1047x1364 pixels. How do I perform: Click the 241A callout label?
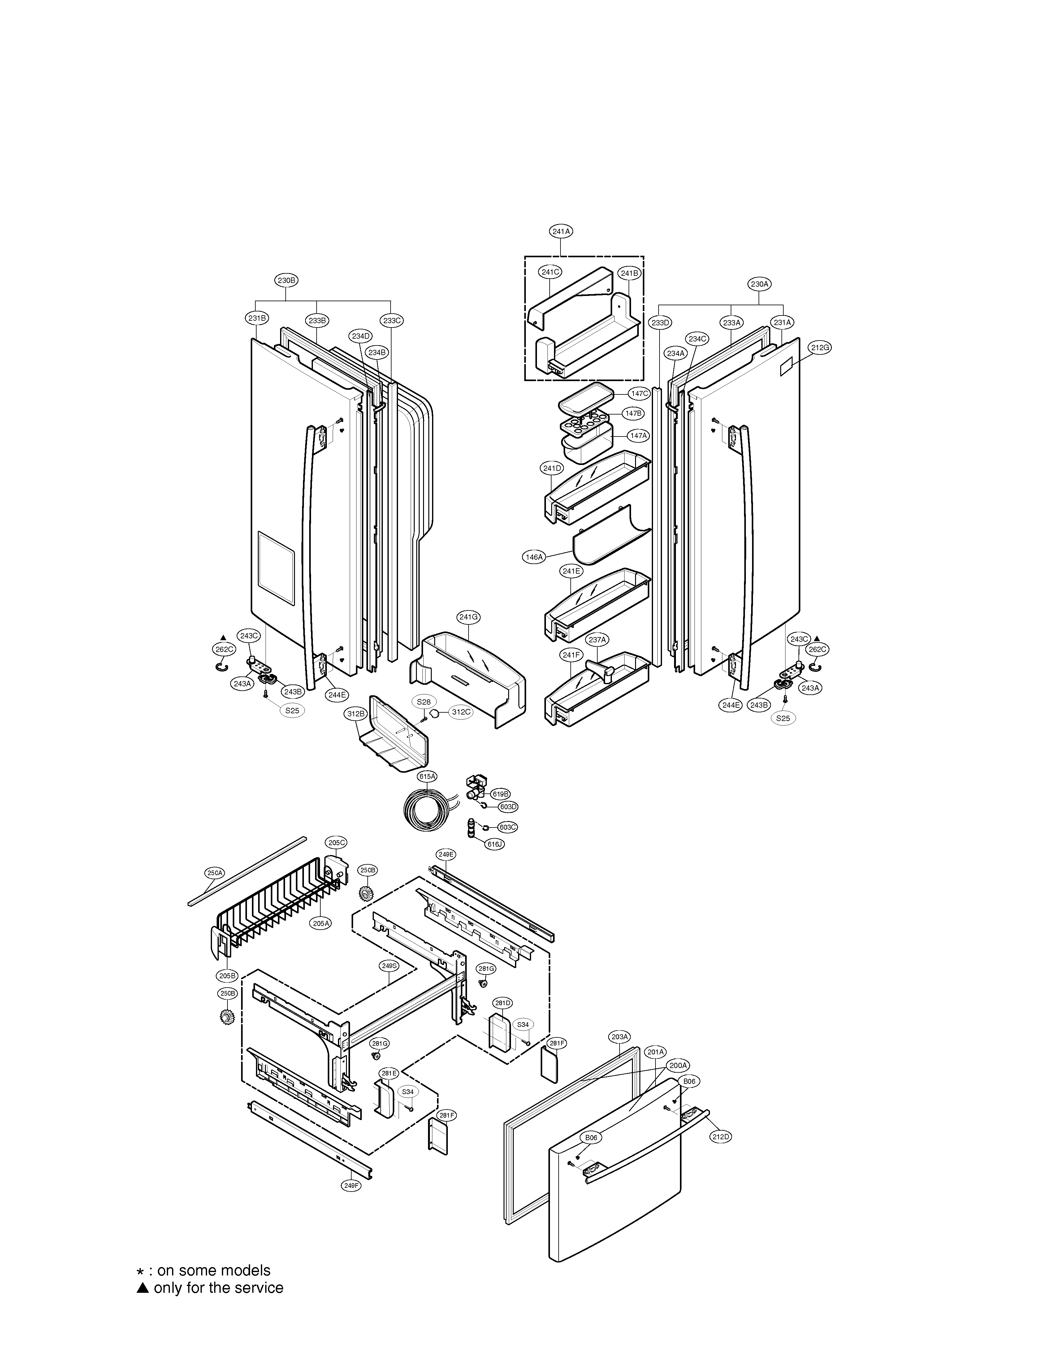point(561,231)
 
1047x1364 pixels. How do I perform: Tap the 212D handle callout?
point(720,1136)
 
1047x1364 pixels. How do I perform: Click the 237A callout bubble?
point(597,640)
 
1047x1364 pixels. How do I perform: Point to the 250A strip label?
point(215,873)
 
